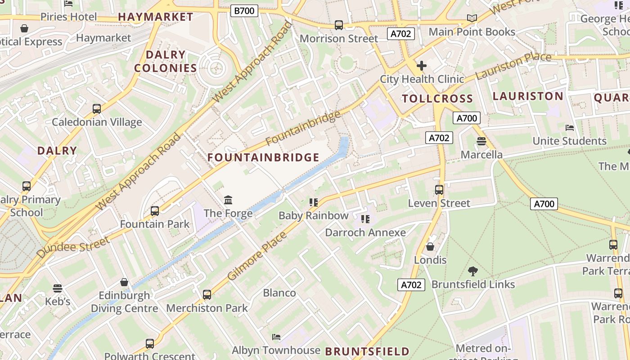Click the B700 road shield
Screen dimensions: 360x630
click(244, 10)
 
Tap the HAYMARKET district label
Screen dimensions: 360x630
click(155, 17)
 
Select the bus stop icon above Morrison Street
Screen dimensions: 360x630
click(339, 25)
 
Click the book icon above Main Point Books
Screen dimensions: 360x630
click(472, 18)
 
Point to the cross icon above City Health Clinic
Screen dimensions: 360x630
click(422, 66)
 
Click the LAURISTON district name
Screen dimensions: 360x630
click(528, 96)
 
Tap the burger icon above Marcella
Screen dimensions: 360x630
click(481, 141)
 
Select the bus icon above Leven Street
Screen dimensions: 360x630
click(439, 190)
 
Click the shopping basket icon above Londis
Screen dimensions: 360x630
click(430, 247)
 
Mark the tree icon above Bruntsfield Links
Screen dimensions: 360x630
click(472, 271)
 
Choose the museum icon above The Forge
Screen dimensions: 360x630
click(228, 200)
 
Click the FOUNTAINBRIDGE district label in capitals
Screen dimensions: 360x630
click(263, 157)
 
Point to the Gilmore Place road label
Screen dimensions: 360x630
click(257, 256)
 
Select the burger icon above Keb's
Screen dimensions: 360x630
click(57, 288)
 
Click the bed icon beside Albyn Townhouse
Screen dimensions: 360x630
click(276, 337)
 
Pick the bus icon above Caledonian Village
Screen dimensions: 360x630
click(97, 108)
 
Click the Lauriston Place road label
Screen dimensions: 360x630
click(513, 65)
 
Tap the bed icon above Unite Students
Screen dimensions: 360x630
click(570, 128)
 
